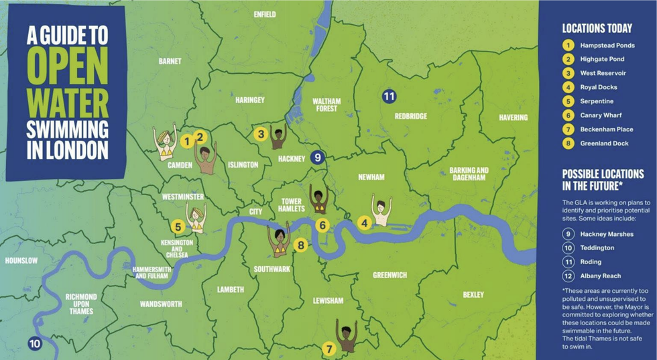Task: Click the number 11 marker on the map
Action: [x=389, y=96]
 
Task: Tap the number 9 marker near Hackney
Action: [x=318, y=158]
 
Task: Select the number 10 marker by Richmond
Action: [x=34, y=344]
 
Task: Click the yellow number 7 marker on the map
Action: [x=328, y=349]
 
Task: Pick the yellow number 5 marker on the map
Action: [x=178, y=227]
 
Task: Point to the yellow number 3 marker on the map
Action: [x=261, y=133]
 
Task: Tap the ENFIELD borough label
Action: [x=265, y=14]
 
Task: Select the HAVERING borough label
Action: [x=513, y=117]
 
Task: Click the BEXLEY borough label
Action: [x=473, y=295]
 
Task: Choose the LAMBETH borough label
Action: [x=231, y=290]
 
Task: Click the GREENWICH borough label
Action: [x=390, y=275]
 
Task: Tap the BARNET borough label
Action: [x=170, y=61]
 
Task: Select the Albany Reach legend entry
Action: [x=600, y=276]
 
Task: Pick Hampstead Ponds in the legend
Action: [x=607, y=45]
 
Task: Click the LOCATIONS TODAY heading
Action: [x=597, y=28]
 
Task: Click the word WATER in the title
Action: [x=67, y=104]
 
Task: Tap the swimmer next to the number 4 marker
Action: [x=381, y=213]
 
